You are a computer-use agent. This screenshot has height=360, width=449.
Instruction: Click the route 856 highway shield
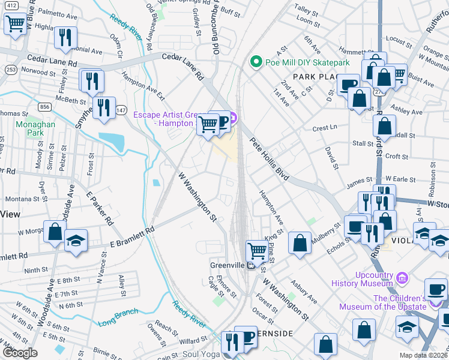[44, 106]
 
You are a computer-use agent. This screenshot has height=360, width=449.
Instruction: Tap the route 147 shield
[121, 110]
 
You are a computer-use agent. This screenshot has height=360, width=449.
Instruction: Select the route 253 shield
[10, 70]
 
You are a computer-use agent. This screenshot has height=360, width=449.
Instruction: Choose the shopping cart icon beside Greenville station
[257, 249]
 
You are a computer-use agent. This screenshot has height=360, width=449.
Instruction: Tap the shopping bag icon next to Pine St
[300, 242]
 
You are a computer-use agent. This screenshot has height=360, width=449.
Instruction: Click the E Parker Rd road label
[100, 207]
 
